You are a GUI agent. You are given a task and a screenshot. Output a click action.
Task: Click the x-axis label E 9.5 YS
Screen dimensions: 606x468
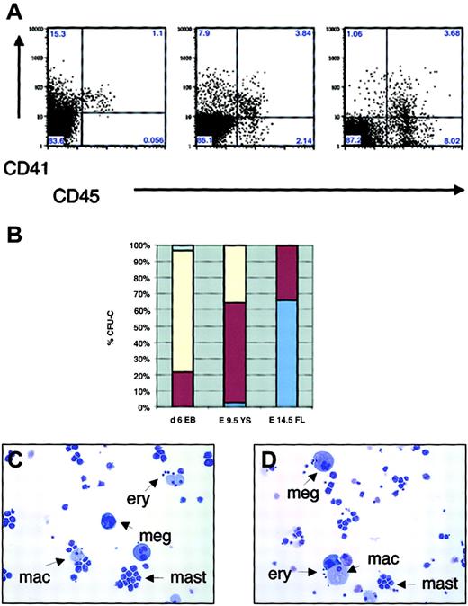pyautogui.click(x=235, y=419)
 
